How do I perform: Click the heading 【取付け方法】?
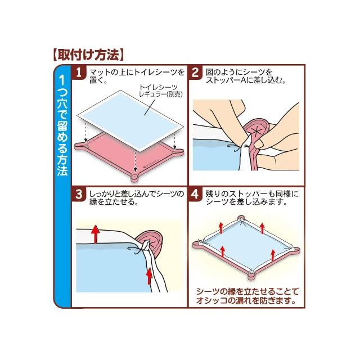[88, 55]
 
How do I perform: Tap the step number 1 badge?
[79, 73]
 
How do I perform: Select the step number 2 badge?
[195, 73]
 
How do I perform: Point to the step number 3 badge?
[79, 194]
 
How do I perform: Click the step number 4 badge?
[195, 194]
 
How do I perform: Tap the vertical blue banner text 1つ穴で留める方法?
[62, 126]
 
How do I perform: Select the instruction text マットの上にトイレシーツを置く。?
[137, 76]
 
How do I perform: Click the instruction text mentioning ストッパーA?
[246, 76]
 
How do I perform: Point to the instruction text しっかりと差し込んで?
[137, 198]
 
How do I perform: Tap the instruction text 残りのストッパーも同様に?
[252, 198]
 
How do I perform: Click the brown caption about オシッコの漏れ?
[247, 296]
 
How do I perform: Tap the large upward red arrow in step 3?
[95, 234]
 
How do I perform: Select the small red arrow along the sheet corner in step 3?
[149, 276]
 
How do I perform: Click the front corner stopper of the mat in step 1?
[135, 177]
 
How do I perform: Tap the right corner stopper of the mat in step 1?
[179, 151]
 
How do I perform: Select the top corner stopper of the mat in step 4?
[240, 218]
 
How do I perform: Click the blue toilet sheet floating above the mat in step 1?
[130, 120]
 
